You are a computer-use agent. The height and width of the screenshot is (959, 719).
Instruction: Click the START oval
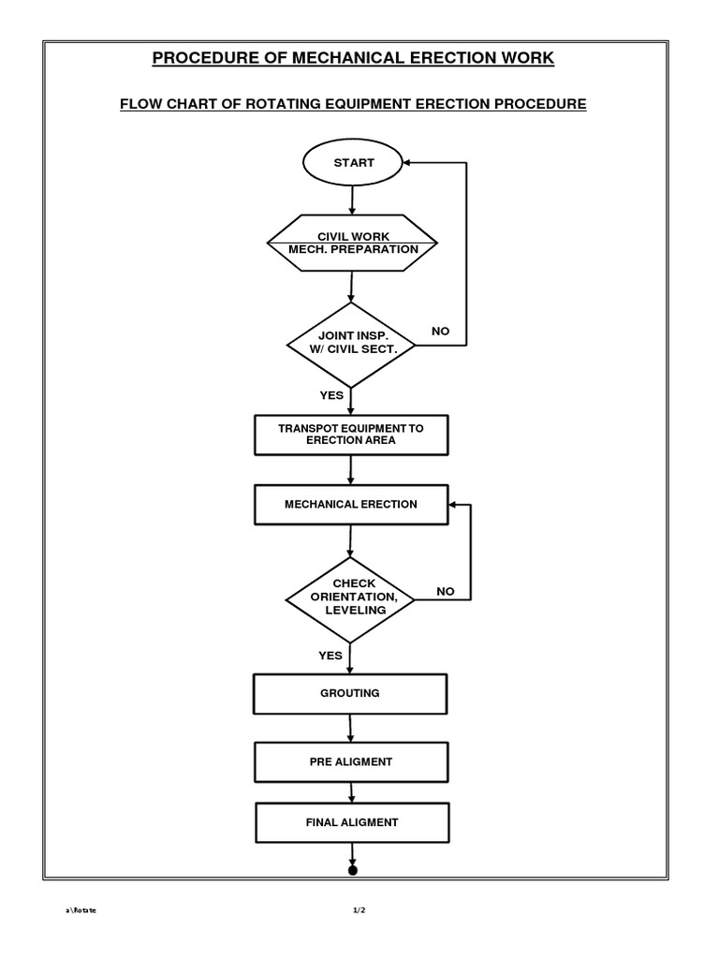click(353, 163)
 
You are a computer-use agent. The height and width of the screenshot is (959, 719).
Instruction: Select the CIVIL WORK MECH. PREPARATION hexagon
click(352, 243)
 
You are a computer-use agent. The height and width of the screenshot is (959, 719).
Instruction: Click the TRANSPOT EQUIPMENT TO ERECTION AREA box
click(351, 435)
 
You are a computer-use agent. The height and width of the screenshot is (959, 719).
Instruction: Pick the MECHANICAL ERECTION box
click(351, 505)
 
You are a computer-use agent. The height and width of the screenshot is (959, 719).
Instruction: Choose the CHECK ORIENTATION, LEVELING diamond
click(349, 598)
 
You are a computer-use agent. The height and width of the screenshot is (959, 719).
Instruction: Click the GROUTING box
click(351, 694)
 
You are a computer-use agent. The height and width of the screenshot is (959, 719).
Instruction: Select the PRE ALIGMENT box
click(351, 762)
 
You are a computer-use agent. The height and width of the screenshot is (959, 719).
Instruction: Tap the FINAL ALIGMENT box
click(351, 823)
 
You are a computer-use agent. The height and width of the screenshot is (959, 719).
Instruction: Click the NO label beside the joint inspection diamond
click(441, 332)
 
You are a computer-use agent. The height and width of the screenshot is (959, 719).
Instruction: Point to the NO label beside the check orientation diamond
click(445, 592)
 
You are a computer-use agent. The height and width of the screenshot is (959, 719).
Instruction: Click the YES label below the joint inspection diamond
click(331, 396)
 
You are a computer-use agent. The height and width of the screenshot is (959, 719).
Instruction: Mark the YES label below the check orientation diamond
click(330, 656)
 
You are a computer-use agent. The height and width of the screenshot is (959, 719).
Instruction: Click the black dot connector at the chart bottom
click(353, 870)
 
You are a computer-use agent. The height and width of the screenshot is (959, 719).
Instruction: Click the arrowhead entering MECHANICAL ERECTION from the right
click(454, 505)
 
